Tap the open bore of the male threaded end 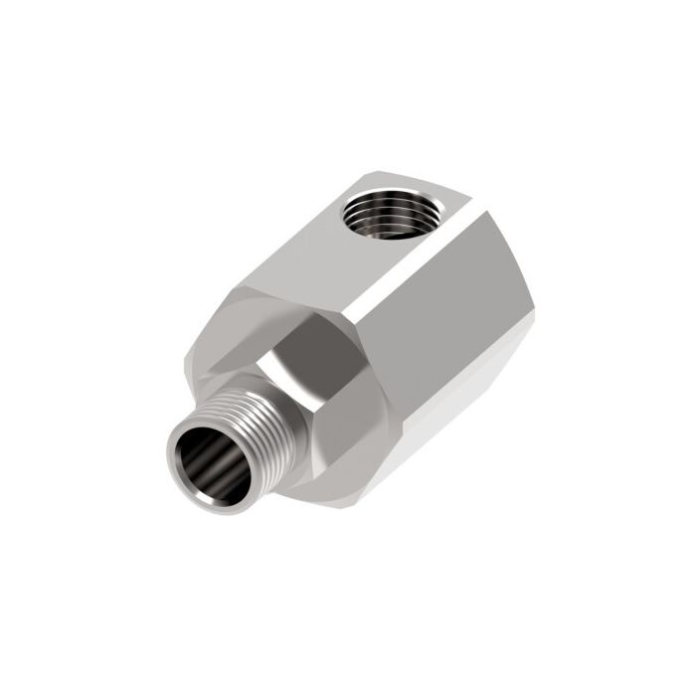point(212,462)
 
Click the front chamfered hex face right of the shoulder point(358,418)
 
